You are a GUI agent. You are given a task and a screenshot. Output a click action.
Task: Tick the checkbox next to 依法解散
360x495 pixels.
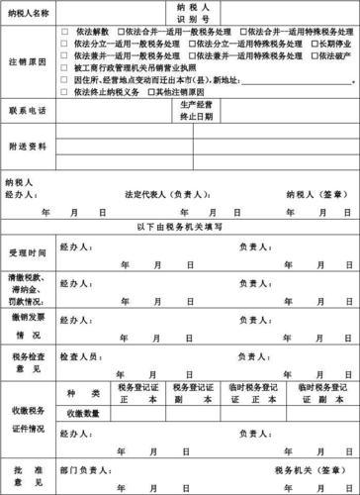pyautogui.click(x=65, y=34)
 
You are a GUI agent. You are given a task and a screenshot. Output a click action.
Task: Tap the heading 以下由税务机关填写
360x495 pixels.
pyautogui.click(x=179, y=228)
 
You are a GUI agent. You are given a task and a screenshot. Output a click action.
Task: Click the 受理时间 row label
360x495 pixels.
pyautogui.click(x=27, y=252)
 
